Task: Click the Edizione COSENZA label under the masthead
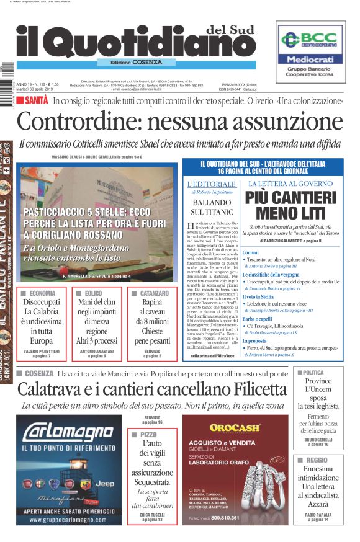coord(136,63)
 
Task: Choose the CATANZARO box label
coord(155,293)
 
